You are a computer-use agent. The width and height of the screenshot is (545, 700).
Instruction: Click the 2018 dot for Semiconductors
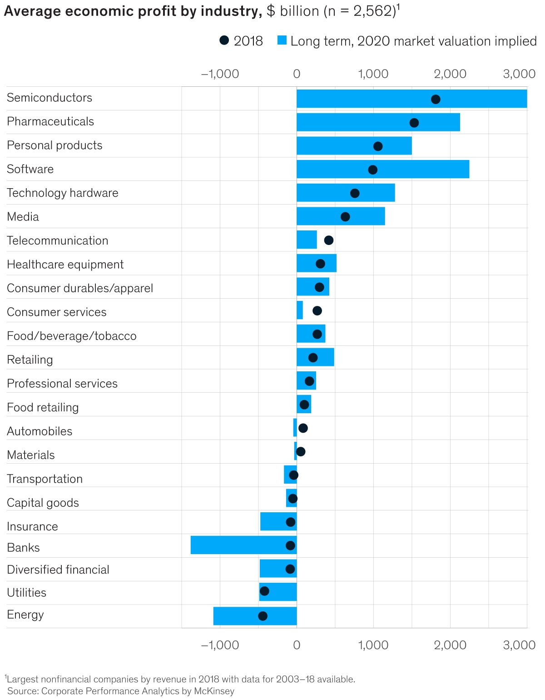(x=436, y=99)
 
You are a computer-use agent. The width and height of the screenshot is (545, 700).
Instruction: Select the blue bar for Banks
(x=243, y=545)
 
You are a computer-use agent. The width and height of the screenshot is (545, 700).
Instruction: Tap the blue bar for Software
(x=383, y=169)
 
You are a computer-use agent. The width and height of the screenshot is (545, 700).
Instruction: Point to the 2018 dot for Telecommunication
(x=329, y=240)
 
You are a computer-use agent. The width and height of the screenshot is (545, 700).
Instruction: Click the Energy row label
(x=25, y=615)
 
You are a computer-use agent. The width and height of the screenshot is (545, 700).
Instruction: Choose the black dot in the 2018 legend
(x=224, y=40)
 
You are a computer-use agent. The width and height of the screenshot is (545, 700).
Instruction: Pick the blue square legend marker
(x=282, y=40)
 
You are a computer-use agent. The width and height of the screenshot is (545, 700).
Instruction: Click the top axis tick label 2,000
(x=450, y=74)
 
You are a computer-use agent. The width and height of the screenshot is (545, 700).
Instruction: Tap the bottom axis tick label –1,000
(x=220, y=645)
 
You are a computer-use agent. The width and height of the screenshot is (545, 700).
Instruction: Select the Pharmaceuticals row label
(x=50, y=121)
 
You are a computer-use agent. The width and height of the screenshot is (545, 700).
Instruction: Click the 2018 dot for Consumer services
(x=317, y=310)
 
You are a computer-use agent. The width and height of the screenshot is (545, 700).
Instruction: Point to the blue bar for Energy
(x=255, y=616)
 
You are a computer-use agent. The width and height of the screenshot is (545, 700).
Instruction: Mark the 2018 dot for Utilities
(x=264, y=591)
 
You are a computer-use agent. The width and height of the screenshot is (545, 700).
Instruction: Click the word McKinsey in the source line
(x=214, y=691)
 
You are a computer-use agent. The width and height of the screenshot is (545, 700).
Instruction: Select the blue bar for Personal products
(x=354, y=145)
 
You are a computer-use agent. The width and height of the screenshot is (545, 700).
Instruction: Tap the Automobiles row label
(x=40, y=431)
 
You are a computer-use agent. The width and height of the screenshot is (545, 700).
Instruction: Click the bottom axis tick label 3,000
(x=519, y=645)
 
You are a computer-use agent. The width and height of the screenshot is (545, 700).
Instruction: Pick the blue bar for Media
(x=341, y=216)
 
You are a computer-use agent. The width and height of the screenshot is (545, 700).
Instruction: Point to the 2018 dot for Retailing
(x=313, y=357)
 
